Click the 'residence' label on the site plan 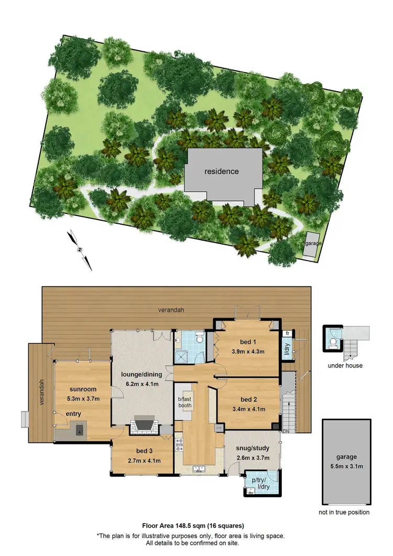(x=222, y=171)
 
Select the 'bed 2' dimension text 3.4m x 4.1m (x=247, y=407)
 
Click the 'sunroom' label (x=83, y=389)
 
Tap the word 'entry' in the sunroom (x=73, y=415)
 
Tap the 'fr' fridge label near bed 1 (x=287, y=333)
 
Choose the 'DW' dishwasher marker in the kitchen (x=219, y=428)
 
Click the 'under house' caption (x=345, y=365)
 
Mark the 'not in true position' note (x=344, y=512)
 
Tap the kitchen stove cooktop (x=179, y=445)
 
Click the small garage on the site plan (x=310, y=245)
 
